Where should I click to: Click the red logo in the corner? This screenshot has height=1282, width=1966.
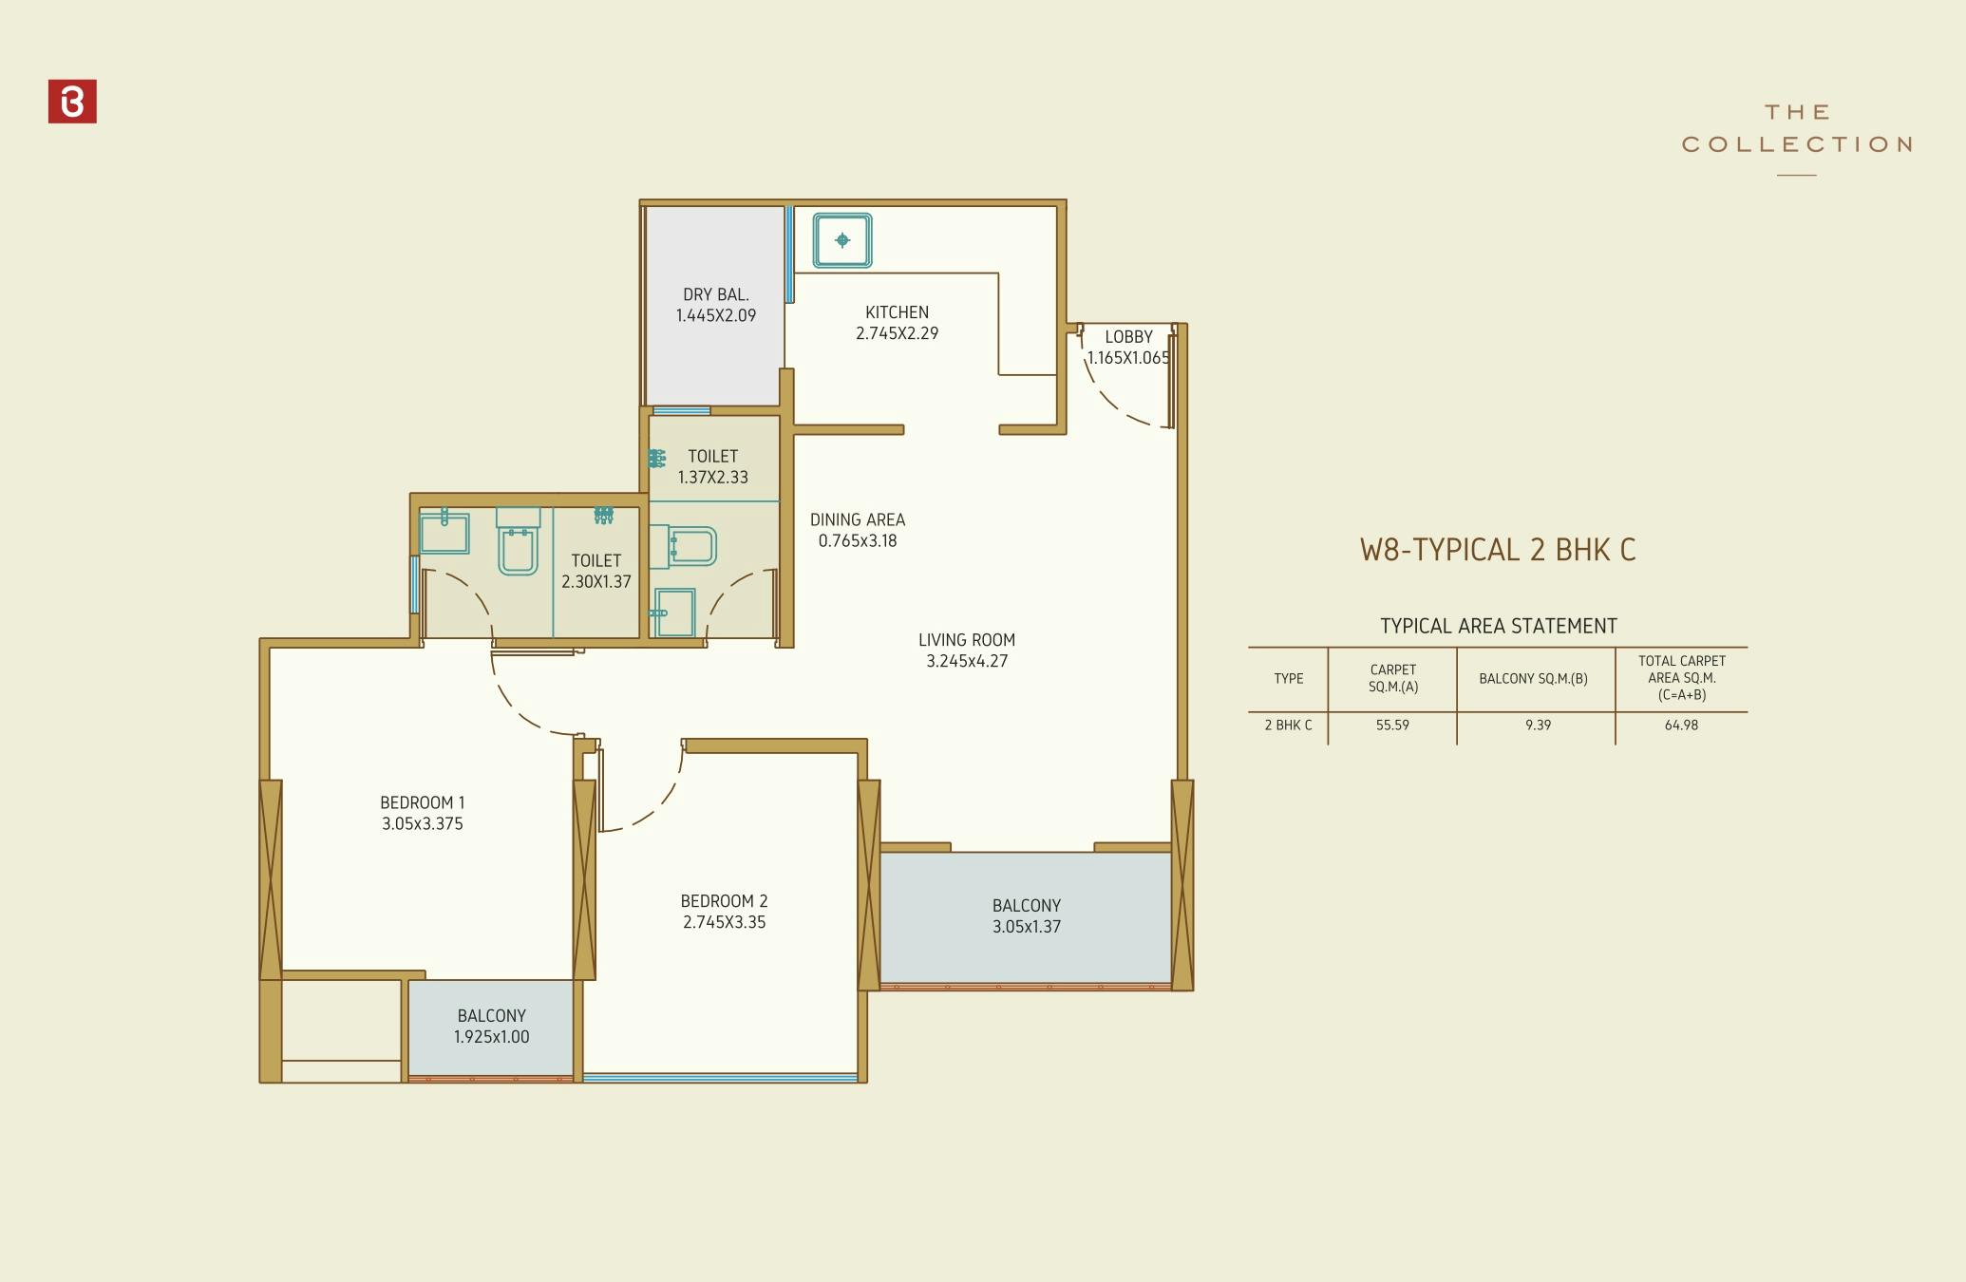[x=72, y=102]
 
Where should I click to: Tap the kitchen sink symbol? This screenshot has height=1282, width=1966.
[x=842, y=240]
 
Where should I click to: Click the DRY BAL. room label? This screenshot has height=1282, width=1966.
[x=716, y=294]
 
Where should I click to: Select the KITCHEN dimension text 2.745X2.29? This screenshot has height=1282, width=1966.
[x=897, y=333]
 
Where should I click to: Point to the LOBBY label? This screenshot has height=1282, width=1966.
[x=1128, y=337]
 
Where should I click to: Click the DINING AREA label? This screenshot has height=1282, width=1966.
[x=858, y=519]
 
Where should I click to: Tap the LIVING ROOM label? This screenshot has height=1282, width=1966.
[x=967, y=640]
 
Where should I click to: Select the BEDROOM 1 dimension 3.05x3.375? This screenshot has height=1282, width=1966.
[x=423, y=824]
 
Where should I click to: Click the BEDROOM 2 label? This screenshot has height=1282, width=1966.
[x=724, y=901]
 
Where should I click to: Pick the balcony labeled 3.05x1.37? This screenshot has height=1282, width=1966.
[x=1027, y=916]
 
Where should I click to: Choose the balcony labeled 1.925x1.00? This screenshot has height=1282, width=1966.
[x=491, y=1027]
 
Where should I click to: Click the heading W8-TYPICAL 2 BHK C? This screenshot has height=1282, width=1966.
[x=1498, y=550]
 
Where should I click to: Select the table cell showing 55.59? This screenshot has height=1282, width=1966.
[x=1392, y=725]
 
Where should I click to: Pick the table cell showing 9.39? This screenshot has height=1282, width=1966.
[x=1538, y=725]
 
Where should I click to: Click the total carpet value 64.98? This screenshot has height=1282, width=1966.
[x=1681, y=725]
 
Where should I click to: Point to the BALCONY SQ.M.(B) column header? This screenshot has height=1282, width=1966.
[x=1533, y=678]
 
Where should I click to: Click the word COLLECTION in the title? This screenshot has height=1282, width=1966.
[x=1796, y=144]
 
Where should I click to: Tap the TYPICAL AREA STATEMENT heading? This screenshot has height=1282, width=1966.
[x=1498, y=626]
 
